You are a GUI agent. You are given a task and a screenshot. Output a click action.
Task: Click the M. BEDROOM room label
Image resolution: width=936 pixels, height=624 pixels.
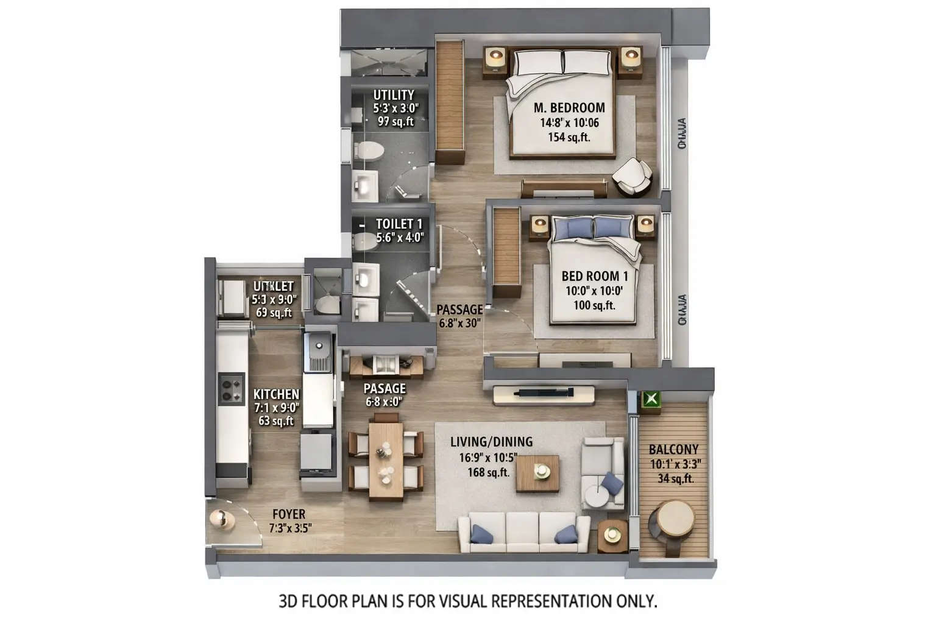click(x=569, y=108)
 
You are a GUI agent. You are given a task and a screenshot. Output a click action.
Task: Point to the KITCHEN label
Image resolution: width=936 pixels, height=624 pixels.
click(x=276, y=394)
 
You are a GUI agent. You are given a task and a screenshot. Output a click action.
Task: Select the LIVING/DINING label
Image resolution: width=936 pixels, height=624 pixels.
click(x=491, y=442)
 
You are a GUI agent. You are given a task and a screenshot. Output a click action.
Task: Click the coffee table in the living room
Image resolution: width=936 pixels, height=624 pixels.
click(x=537, y=472)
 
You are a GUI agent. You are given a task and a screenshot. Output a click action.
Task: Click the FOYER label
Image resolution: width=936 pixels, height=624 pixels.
click(x=289, y=514)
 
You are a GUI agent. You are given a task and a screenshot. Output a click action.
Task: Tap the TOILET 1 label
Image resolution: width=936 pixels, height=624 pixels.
click(x=399, y=224)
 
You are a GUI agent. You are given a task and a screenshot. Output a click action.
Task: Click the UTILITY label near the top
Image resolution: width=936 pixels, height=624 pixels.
click(x=394, y=95)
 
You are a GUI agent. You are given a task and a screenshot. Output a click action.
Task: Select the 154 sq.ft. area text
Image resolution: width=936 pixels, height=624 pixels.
click(x=569, y=137)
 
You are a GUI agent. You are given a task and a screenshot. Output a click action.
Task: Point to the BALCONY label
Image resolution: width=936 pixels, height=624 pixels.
click(x=673, y=450)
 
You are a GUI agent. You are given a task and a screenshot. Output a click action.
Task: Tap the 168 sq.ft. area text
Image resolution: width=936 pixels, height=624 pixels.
click(x=489, y=472)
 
